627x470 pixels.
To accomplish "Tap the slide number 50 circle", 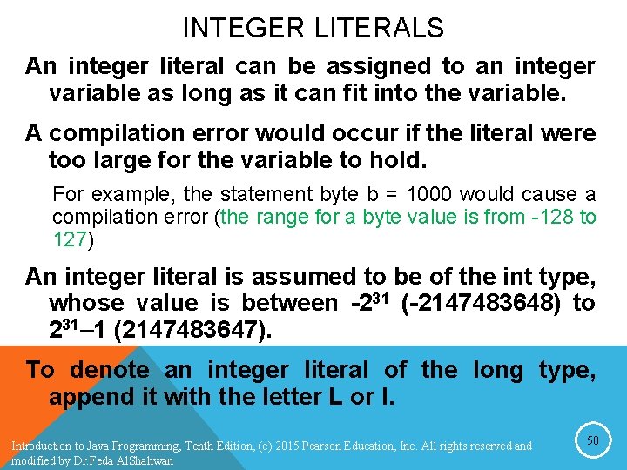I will [593, 441].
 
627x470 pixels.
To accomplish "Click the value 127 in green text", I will [70, 238].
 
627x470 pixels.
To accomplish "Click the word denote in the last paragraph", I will [110, 370].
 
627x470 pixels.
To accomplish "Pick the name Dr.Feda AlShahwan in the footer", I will [131, 461].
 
